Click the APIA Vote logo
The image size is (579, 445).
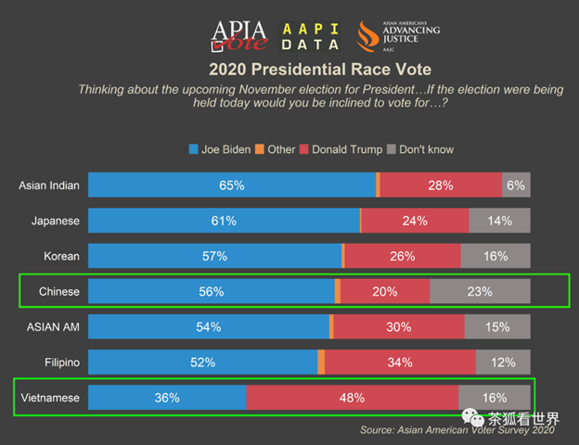pos(239,34)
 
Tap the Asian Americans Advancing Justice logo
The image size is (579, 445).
pos(398,34)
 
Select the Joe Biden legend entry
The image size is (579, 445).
pos(220,149)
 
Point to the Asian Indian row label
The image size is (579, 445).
pos(49,185)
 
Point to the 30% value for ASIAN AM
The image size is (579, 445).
pos(397,326)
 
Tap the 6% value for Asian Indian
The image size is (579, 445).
pos(516,185)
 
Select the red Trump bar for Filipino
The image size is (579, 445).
pos(399,362)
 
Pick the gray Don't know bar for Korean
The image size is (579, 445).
pos(495,256)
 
